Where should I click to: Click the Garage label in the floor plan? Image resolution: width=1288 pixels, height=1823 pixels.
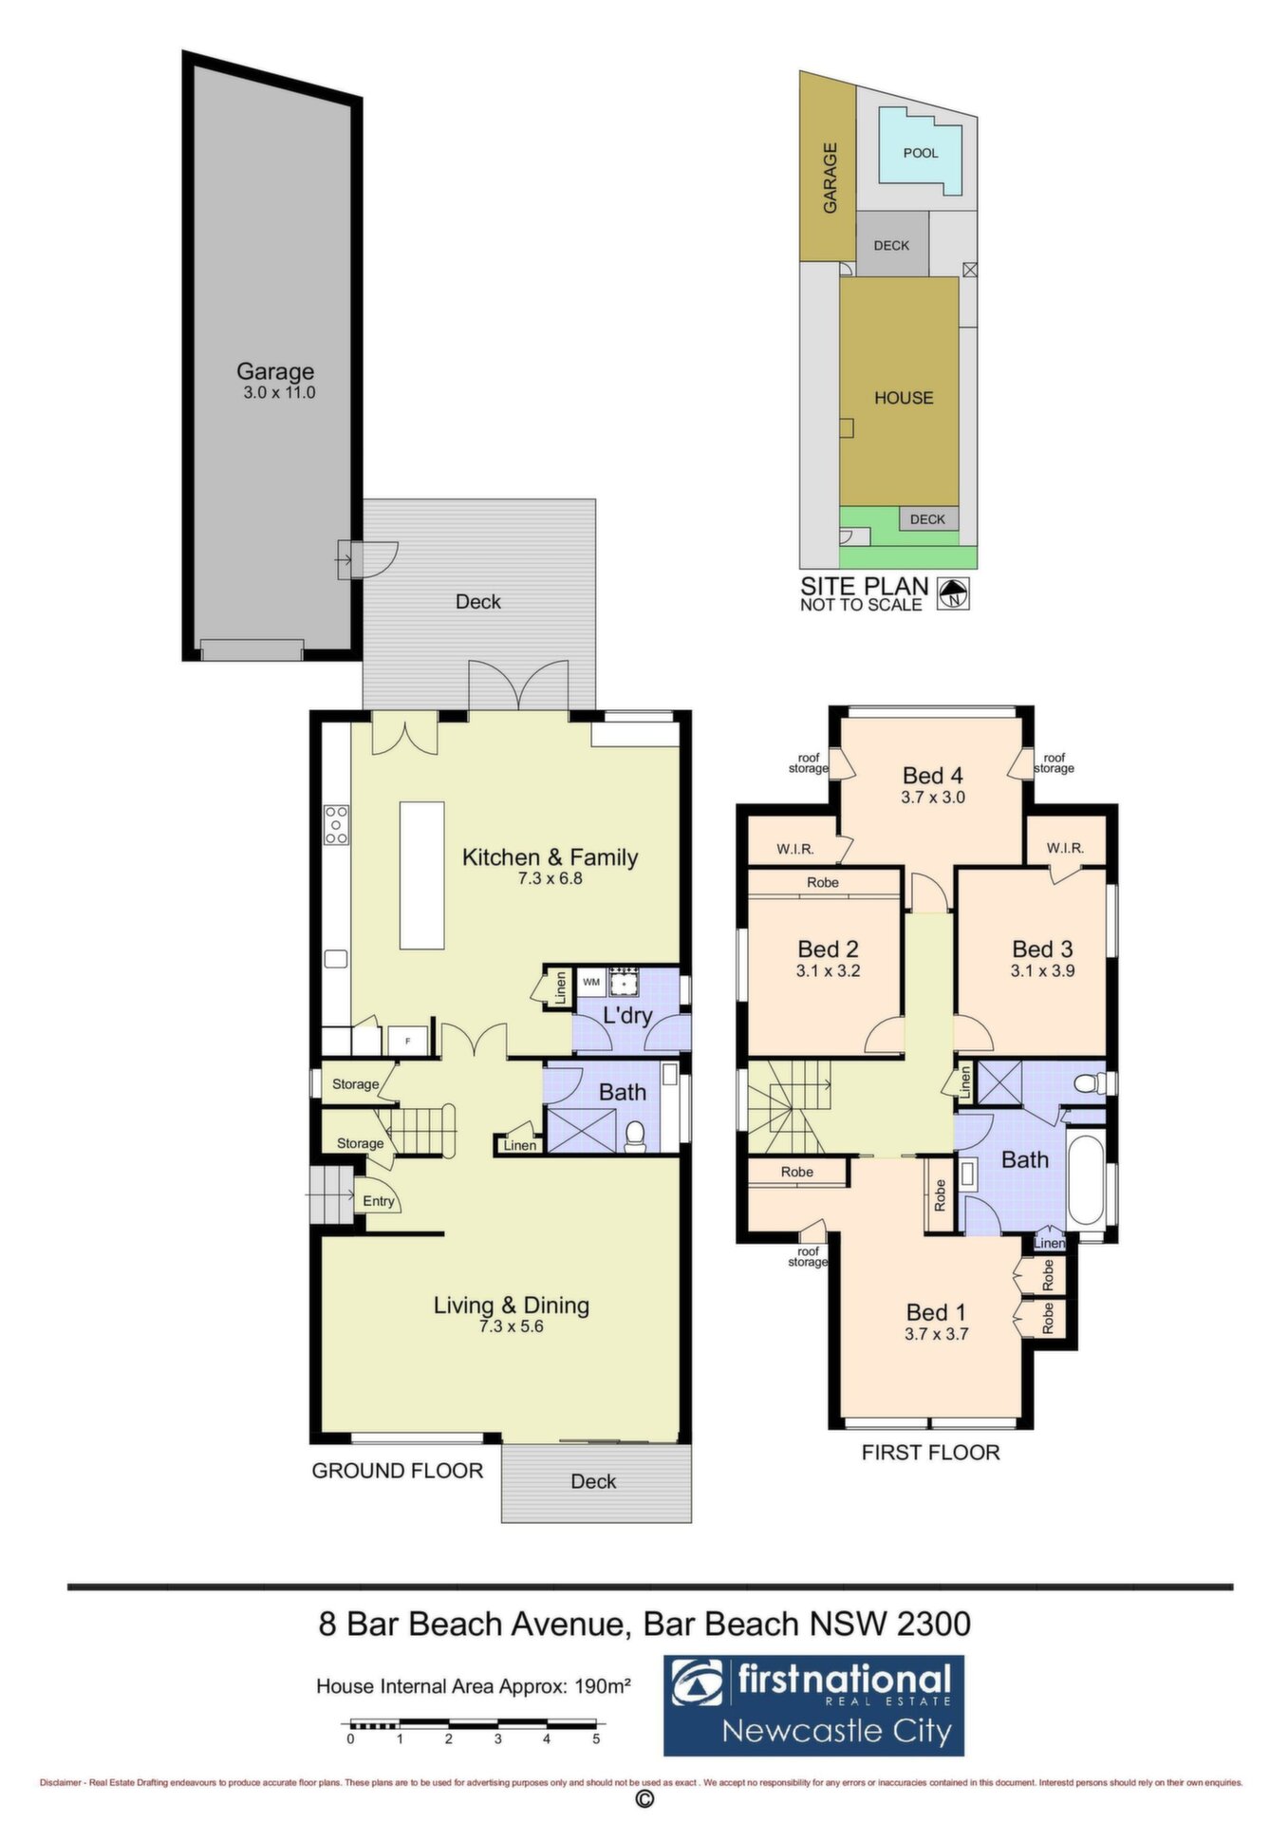pyautogui.click(x=275, y=371)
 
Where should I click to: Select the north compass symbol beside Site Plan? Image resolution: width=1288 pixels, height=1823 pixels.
pyautogui.click(x=953, y=593)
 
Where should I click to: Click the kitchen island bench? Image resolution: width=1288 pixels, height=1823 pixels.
pyautogui.click(x=422, y=875)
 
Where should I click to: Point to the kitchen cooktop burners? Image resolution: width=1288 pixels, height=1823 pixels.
pyautogui.click(x=336, y=824)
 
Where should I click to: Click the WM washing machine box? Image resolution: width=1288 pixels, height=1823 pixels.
pyautogui.click(x=591, y=982)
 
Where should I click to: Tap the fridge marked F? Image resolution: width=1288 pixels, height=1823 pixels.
pyautogui.click(x=408, y=1040)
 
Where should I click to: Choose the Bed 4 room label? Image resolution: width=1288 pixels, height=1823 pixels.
pyautogui.click(x=933, y=776)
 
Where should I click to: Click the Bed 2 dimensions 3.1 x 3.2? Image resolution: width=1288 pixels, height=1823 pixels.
pyautogui.click(x=828, y=970)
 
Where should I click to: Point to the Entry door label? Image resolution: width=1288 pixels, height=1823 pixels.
pyautogui.click(x=379, y=1201)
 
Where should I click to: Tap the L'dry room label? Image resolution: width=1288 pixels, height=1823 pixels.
pyautogui.click(x=627, y=1015)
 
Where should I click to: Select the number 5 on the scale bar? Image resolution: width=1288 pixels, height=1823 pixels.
pyautogui.click(x=596, y=1738)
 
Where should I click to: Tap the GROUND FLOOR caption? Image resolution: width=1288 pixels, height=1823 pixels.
pyautogui.click(x=398, y=1471)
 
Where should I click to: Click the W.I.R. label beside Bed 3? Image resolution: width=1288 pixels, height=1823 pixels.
pyautogui.click(x=1065, y=848)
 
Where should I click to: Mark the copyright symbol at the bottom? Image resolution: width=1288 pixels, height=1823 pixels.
pyautogui.click(x=644, y=1799)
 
